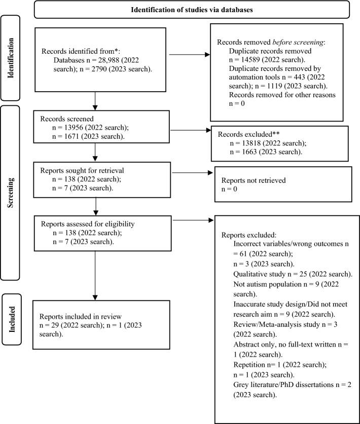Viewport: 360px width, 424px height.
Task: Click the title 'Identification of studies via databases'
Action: [x=192, y=10]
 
